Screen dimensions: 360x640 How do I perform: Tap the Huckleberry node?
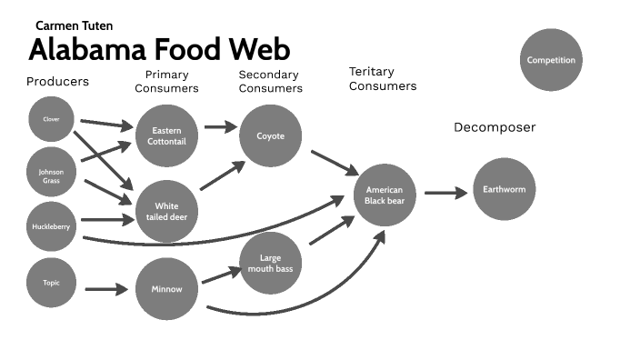[51, 226]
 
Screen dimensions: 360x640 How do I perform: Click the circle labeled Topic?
[51, 282]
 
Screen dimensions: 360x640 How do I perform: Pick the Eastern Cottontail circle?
[166, 136]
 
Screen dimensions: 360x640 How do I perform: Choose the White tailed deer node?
[166, 212]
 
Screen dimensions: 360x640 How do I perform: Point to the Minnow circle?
[166, 290]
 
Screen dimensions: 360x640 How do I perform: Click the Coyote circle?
[271, 136]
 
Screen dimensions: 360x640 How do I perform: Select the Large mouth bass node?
[271, 264]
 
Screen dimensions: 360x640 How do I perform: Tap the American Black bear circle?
[385, 195]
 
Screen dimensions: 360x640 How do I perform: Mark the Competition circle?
[551, 60]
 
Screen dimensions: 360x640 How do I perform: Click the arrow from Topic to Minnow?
[106, 290]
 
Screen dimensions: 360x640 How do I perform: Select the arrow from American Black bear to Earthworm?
[445, 192]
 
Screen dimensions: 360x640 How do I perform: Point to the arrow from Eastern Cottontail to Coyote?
[219, 127]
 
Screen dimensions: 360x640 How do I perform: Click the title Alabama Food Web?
[160, 48]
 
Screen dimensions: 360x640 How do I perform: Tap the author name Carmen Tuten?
[75, 26]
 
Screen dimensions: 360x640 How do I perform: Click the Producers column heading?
[57, 81]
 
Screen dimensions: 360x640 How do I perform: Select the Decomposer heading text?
[495, 127]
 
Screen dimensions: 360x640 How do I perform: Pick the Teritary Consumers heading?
[383, 79]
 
